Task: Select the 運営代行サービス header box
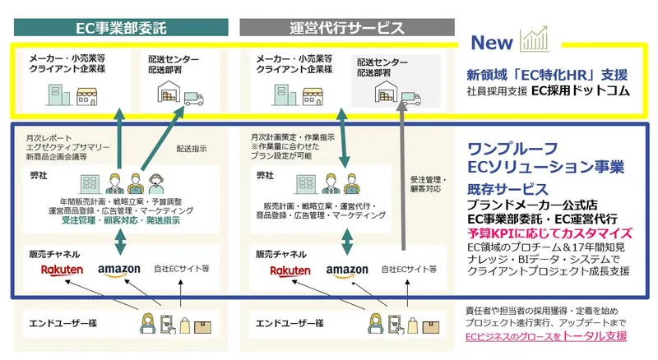pyautogui.click(x=347, y=26)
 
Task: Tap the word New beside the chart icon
pyautogui.click(x=492, y=42)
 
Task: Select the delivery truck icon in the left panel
pyautogui.click(x=193, y=100)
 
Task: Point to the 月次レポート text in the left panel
pyautogui.click(x=45, y=136)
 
